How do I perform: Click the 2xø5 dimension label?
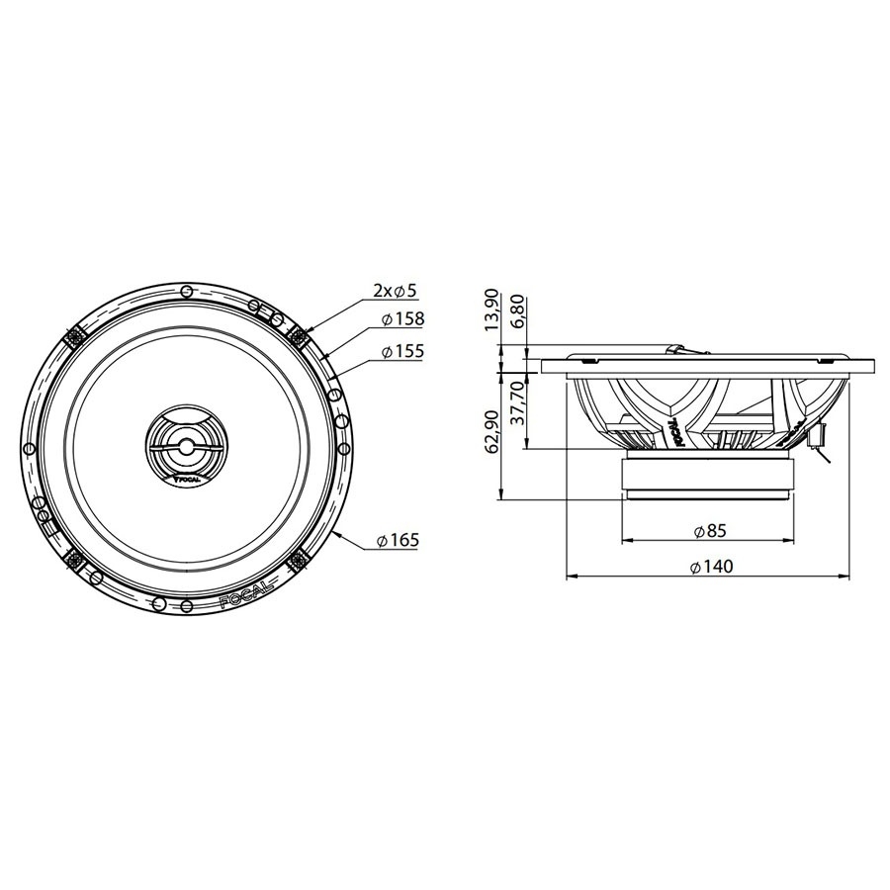396,291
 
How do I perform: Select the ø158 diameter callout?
402,319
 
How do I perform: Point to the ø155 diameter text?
402,351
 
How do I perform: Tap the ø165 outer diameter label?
398,540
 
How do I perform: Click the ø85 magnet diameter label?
709,531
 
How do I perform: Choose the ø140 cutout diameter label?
709,567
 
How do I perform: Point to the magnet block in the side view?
707,479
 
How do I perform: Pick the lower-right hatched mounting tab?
298,561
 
